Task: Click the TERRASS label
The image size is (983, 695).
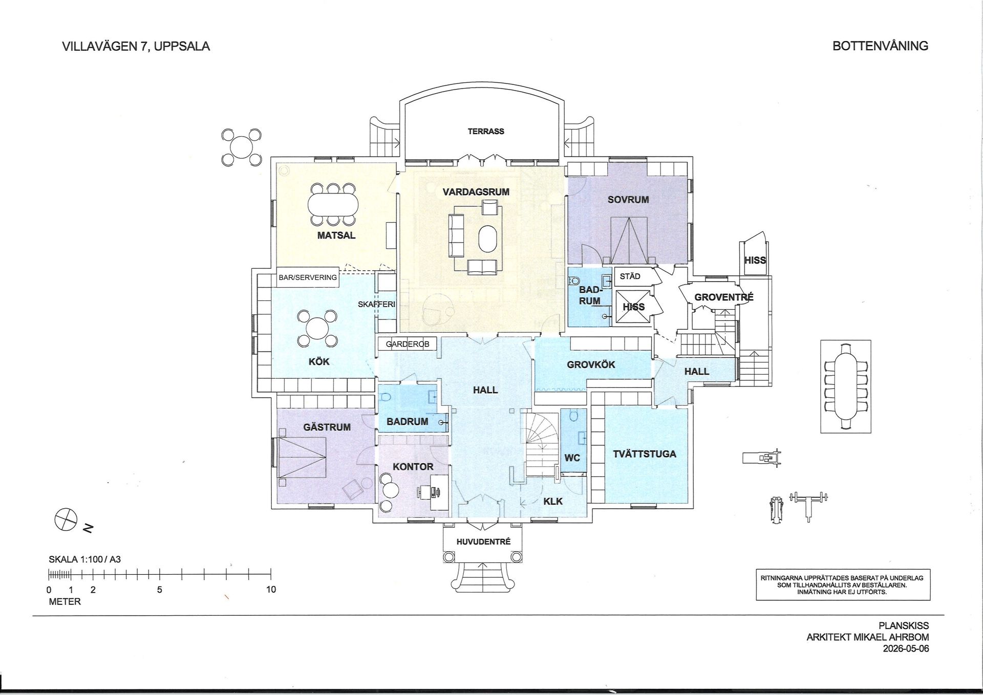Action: click(x=486, y=132)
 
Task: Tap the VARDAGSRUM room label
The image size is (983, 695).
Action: click(x=476, y=192)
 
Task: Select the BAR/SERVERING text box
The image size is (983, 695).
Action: click(x=308, y=277)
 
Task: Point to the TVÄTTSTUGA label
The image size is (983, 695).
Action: click(x=645, y=454)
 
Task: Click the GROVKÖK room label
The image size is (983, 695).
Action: click(x=591, y=365)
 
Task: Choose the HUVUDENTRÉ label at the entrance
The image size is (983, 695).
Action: click(x=483, y=542)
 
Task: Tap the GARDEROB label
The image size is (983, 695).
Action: click(x=408, y=344)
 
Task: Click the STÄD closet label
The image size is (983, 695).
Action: click(x=630, y=276)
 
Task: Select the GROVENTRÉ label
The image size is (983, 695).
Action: click(x=724, y=297)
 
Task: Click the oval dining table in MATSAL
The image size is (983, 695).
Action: click(x=333, y=205)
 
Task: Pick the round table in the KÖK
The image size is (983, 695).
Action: click(x=318, y=328)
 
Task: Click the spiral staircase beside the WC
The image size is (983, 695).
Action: click(x=540, y=445)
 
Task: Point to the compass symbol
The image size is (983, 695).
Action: click(x=66, y=520)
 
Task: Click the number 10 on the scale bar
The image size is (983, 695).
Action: click(x=271, y=590)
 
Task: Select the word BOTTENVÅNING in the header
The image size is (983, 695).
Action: click(x=880, y=46)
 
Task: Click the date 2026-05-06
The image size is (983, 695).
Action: click(x=906, y=649)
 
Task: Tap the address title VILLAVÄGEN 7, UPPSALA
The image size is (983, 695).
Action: click(x=136, y=47)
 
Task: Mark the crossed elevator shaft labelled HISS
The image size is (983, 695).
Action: click(x=632, y=307)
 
